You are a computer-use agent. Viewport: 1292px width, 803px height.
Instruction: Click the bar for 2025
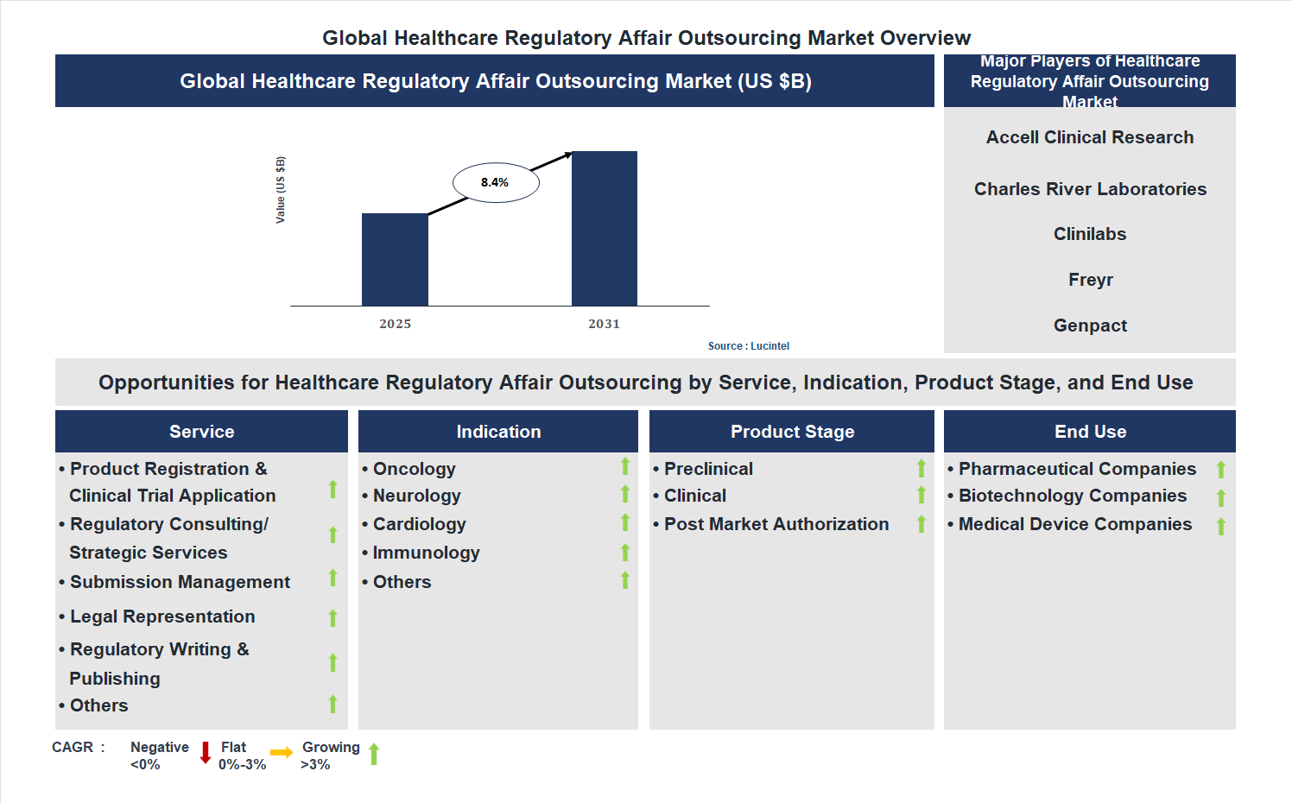point(395,259)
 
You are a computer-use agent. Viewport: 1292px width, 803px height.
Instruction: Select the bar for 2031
point(605,229)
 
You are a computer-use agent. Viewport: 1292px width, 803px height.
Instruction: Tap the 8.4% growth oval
point(496,182)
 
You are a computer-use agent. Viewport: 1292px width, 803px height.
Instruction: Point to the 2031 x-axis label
point(604,324)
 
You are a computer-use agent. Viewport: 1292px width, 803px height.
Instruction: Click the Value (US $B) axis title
point(280,190)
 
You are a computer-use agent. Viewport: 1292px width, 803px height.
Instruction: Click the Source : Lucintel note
point(748,346)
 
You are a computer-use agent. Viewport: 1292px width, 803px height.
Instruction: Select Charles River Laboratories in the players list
point(1090,189)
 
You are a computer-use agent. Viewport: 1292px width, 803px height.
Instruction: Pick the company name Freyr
point(1090,280)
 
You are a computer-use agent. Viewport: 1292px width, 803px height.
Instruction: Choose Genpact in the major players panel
point(1090,326)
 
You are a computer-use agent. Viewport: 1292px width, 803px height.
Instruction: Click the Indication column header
point(498,432)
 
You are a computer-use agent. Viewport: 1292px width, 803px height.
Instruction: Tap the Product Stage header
point(792,432)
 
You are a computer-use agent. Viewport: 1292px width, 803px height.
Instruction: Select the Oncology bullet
point(414,469)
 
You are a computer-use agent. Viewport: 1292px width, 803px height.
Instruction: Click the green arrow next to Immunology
point(625,553)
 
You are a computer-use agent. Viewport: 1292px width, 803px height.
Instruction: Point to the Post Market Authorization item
point(776,524)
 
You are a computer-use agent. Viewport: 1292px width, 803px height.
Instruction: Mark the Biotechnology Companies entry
point(1072,496)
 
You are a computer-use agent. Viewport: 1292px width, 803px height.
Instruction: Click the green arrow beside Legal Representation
point(332,617)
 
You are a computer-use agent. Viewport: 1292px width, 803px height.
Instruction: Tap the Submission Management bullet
point(180,582)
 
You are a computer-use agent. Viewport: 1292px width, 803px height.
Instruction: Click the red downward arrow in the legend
point(206,753)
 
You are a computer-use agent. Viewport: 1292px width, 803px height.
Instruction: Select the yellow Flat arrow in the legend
point(282,753)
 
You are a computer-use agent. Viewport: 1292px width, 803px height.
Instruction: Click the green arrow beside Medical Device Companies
point(1221,526)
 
